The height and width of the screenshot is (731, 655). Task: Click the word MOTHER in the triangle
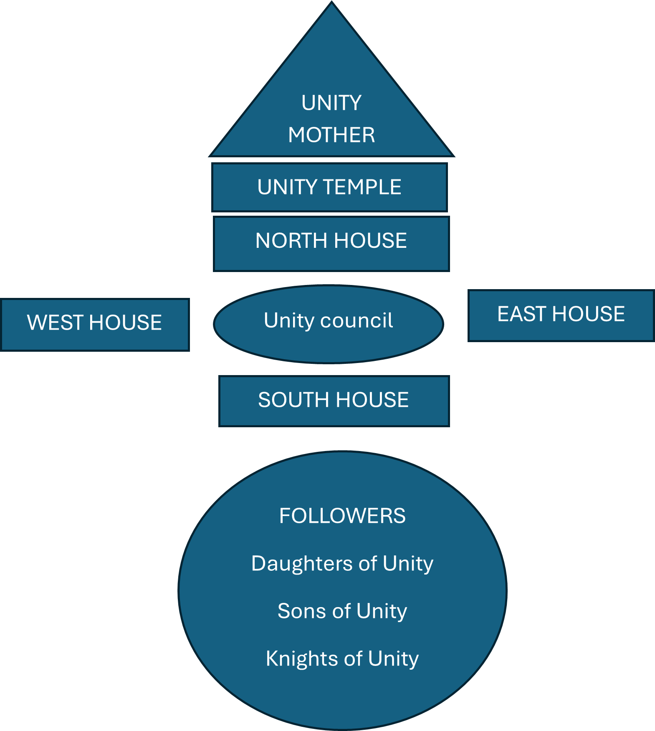pyautogui.click(x=331, y=135)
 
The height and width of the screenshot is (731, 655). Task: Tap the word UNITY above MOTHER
pyautogui.click(x=331, y=103)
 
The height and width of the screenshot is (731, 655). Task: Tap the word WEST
pyautogui.click(x=56, y=323)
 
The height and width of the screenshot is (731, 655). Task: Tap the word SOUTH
pyautogui.click(x=294, y=400)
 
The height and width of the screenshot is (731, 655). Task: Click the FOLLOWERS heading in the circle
pyautogui.click(x=342, y=516)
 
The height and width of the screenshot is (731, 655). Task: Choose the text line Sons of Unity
pyautogui.click(x=342, y=611)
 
